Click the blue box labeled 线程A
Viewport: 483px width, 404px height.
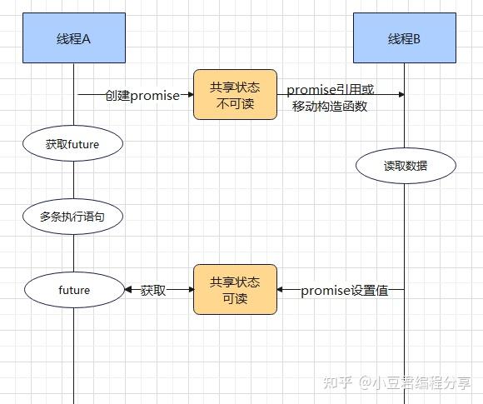(73, 38)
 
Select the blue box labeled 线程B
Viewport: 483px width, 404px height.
(405, 38)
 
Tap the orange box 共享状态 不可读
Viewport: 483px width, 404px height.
(235, 95)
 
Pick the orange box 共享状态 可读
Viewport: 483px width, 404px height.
(235, 289)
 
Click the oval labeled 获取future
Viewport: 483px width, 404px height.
(73, 144)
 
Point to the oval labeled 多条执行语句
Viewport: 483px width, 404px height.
(73, 217)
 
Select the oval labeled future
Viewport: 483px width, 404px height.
(73, 290)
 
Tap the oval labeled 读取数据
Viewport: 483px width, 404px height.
(406, 166)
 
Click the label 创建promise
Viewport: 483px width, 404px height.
(142, 95)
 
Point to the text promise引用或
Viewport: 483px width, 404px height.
(330, 90)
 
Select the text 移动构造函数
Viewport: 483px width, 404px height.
(331, 107)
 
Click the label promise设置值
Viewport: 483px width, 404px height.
(344, 291)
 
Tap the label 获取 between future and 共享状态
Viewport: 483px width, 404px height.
(153, 291)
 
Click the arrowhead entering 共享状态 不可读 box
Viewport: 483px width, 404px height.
(189, 95)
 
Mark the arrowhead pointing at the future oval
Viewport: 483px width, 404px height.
(128, 290)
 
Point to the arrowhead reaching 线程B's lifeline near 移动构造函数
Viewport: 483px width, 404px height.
(401, 95)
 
